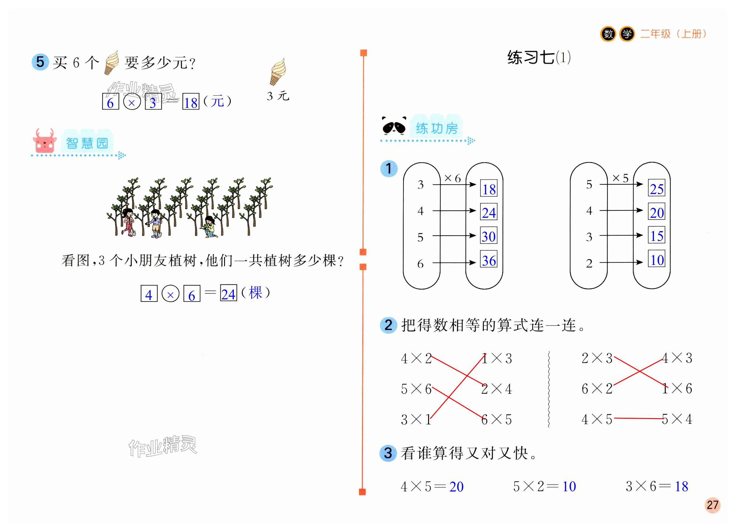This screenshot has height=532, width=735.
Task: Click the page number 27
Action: (712, 505)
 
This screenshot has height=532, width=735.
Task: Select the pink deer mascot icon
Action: (44, 141)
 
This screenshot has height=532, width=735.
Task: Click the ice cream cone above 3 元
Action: (278, 72)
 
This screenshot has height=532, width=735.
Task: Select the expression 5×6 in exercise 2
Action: (416, 389)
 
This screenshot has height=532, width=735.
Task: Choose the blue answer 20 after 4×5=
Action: (456, 487)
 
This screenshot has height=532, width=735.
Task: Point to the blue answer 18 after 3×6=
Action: (681, 486)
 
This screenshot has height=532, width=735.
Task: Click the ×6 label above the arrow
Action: (452, 178)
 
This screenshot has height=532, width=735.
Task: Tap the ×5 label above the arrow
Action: (620, 178)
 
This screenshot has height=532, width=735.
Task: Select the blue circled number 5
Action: (40, 62)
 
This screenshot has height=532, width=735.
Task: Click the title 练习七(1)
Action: (538, 58)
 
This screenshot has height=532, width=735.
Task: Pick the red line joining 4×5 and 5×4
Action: (638, 418)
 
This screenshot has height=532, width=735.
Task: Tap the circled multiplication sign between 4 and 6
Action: (170, 294)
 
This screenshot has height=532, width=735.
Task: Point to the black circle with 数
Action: (608, 34)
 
